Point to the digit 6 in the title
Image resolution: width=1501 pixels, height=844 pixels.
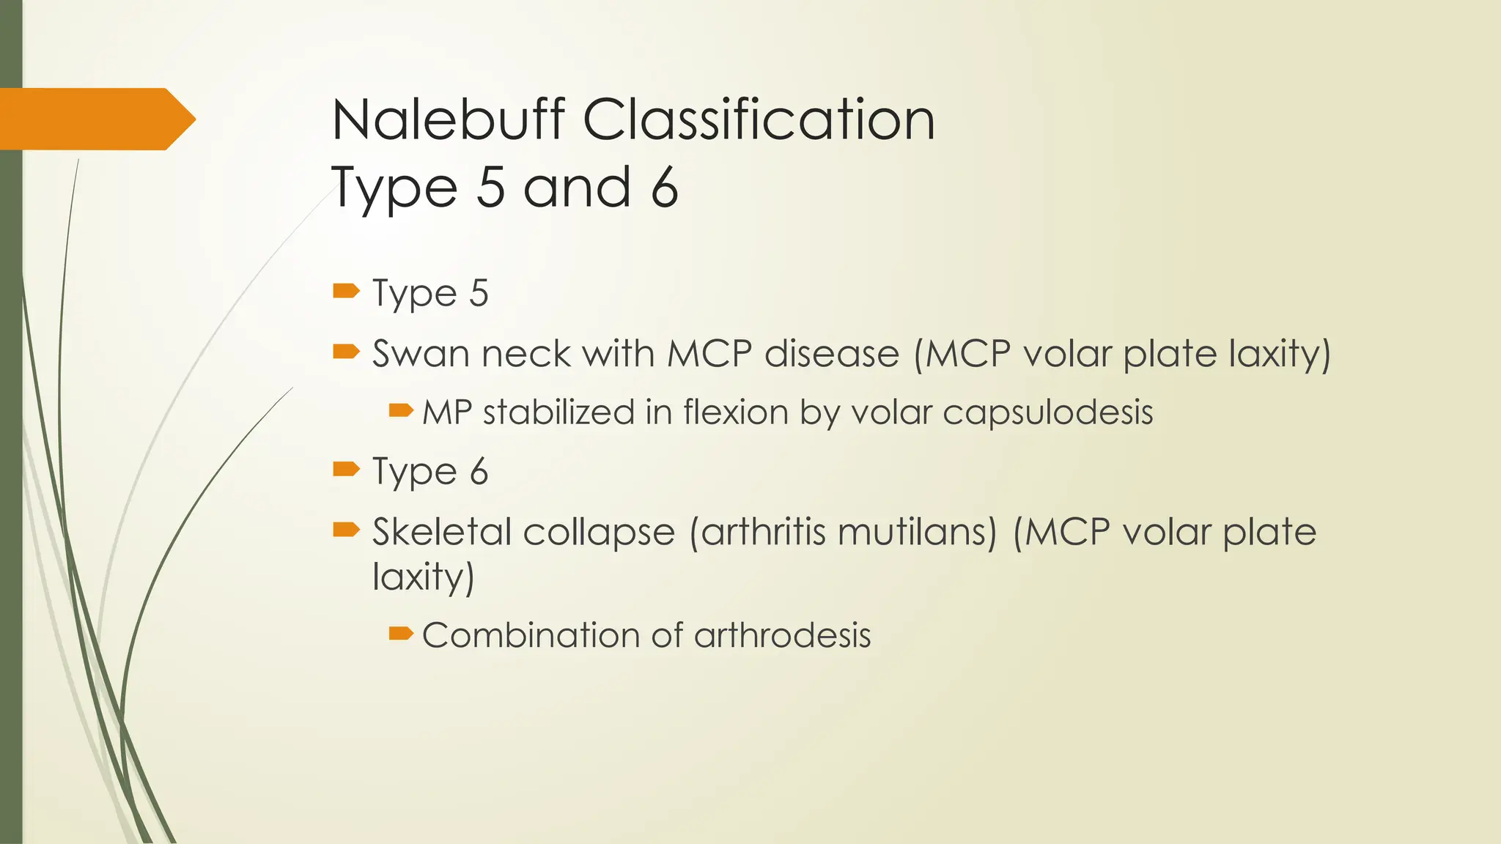pyautogui.click(x=664, y=188)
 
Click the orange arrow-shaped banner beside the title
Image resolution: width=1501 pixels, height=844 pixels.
pyautogui.click(x=95, y=119)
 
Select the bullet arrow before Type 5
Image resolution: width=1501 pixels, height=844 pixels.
pyautogui.click(x=346, y=292)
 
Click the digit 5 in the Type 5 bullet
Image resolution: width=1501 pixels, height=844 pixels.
pyautogui.click(x=479, y=294)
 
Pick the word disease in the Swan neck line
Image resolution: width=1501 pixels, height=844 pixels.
pyautogui.click(x=832, y=354)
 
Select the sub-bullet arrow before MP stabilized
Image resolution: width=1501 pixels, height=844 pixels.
pyautogui.click(x=401, y=410)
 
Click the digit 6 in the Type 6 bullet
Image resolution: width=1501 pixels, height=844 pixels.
pyautogui.click(x=479, y=472)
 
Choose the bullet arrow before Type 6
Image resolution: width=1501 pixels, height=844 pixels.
pyautogui.click(x=346, y=469)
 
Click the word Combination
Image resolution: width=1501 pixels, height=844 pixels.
pyautogui.click(x=531, y=635)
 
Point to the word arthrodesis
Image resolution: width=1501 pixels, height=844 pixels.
pyautogui.click(x=782, y=635)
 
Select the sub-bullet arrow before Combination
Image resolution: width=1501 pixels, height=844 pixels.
pyautogui.click(x=401, y=633)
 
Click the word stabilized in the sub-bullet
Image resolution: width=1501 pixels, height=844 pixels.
pyautogui.click(x=559, y=412)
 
